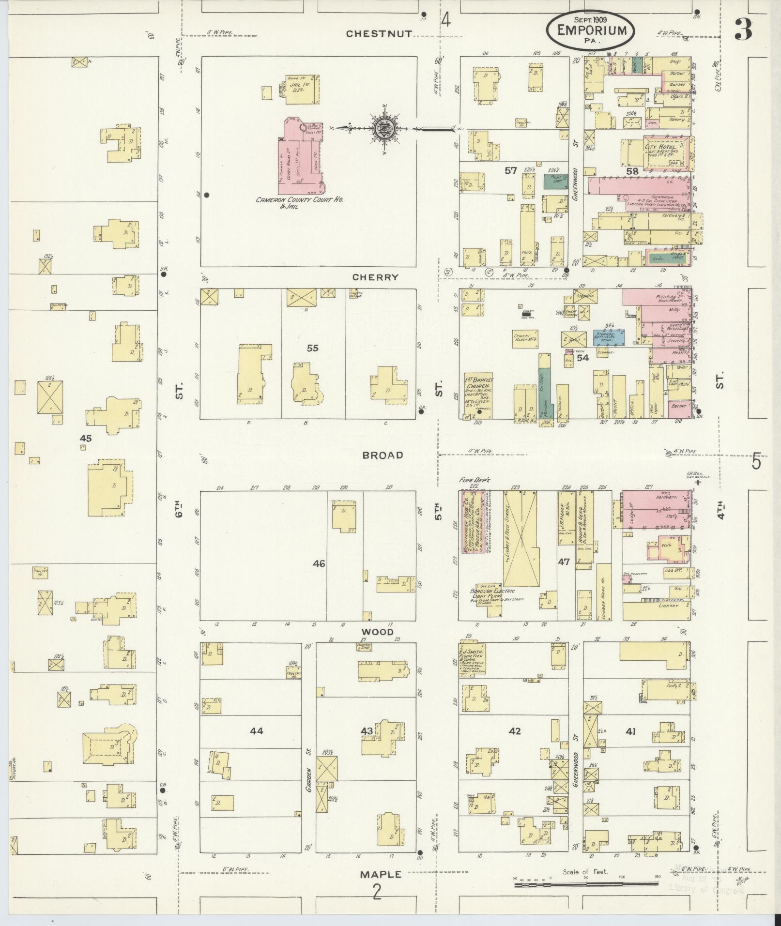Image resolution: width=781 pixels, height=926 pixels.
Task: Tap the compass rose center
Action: [x=383, y=128]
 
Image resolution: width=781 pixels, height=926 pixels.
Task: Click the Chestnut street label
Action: [x=379, y=33]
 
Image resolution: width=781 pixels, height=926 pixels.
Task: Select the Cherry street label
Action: [x=375, y=277]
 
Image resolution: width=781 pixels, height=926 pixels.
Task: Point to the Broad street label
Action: [x=383, y=455]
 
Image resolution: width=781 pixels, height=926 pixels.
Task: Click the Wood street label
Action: [x=377, y=632]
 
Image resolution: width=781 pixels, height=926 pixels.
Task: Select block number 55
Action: [x=313, y=348]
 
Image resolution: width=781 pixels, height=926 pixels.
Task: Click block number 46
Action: [x=319, y=563]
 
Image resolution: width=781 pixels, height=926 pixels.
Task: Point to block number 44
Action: [x=257, y=730]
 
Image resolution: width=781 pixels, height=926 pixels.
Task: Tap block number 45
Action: [x=86, y=438]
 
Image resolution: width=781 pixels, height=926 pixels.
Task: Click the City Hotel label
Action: [x=660, y=147]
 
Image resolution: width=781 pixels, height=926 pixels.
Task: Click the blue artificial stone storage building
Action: [x=609, y=337]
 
